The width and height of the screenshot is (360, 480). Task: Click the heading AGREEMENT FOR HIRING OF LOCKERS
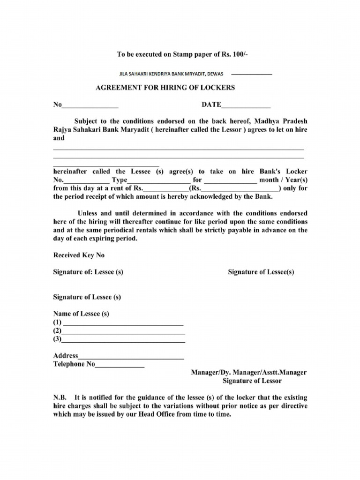[x=165, y=88]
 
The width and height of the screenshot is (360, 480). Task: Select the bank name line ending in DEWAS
[x=171, y=74]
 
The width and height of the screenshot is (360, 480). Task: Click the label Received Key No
[x=79, y=255]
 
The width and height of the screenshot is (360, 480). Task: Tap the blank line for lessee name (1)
[x=123, y=324]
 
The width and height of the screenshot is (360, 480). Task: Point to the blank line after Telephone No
[x=120, y=366]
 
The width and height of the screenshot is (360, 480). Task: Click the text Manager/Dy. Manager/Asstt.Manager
[x=248, y=373]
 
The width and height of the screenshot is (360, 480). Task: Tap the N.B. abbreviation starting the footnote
[x=60, y=397]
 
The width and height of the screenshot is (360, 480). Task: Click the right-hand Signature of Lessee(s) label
[x=261, y=272]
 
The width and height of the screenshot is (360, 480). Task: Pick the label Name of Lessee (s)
[x=81, y=314]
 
